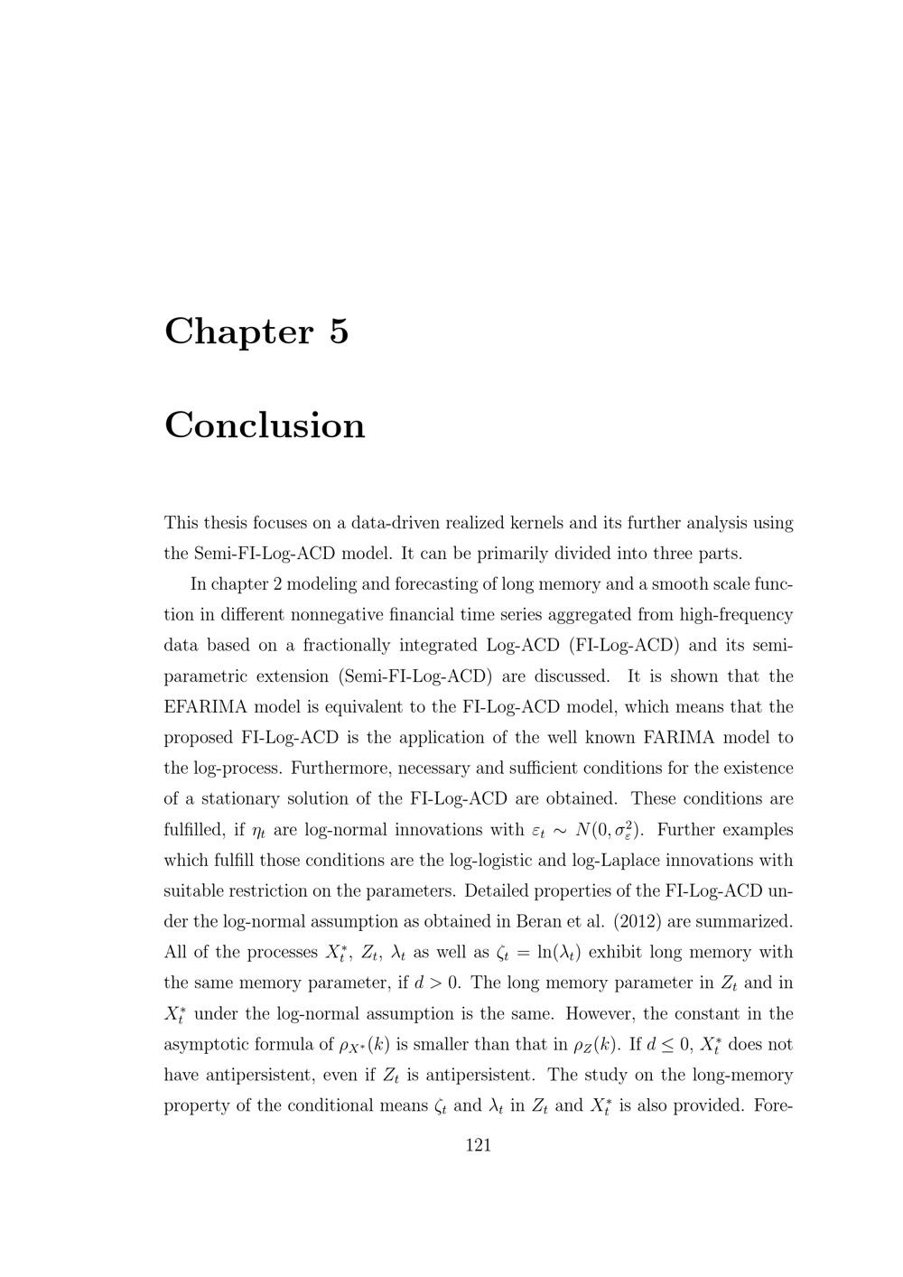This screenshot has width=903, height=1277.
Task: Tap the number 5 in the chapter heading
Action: click(339, 331)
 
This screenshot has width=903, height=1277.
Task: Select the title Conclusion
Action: click(265, 425)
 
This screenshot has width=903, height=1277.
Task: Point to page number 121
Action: click(478, 1145)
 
